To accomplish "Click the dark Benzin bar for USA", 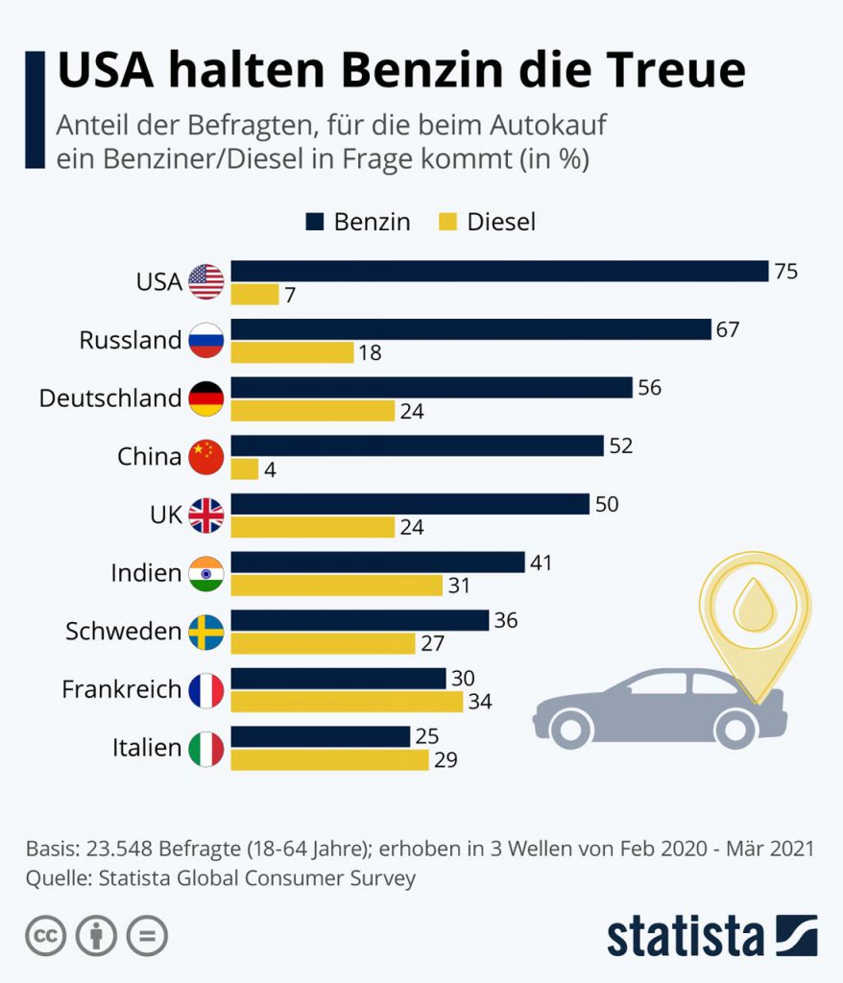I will click(499, 271).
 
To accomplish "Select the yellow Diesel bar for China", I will click(245, 469).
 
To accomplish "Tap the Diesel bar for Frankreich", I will click(347, 702).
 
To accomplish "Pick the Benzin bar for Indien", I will click(377, 562).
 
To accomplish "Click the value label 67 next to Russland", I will click(728, 329).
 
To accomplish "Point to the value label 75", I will click(786, 271).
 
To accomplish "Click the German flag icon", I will click(206, 398).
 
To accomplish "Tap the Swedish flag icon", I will click(206, 632).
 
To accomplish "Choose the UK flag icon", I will click(206, 515).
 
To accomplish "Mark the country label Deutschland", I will click(110, 398).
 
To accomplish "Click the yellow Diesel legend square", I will click(448, 223).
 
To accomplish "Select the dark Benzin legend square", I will click(315, 223).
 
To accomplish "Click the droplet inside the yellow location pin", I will click(754, 605).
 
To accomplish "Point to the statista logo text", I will click(685, 936).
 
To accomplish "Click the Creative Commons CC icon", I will click(45, 936).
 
